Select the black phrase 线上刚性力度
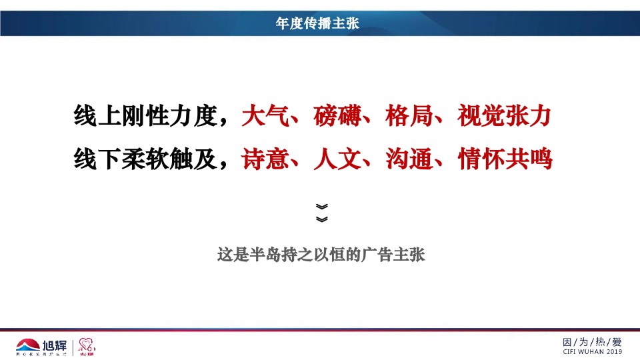(145, 117)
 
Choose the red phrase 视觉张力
(505, 117)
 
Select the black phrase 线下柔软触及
(145, 159)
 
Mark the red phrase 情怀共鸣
(505, 159)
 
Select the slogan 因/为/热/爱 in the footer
(592, 342)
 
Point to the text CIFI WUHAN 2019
(592, 352)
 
